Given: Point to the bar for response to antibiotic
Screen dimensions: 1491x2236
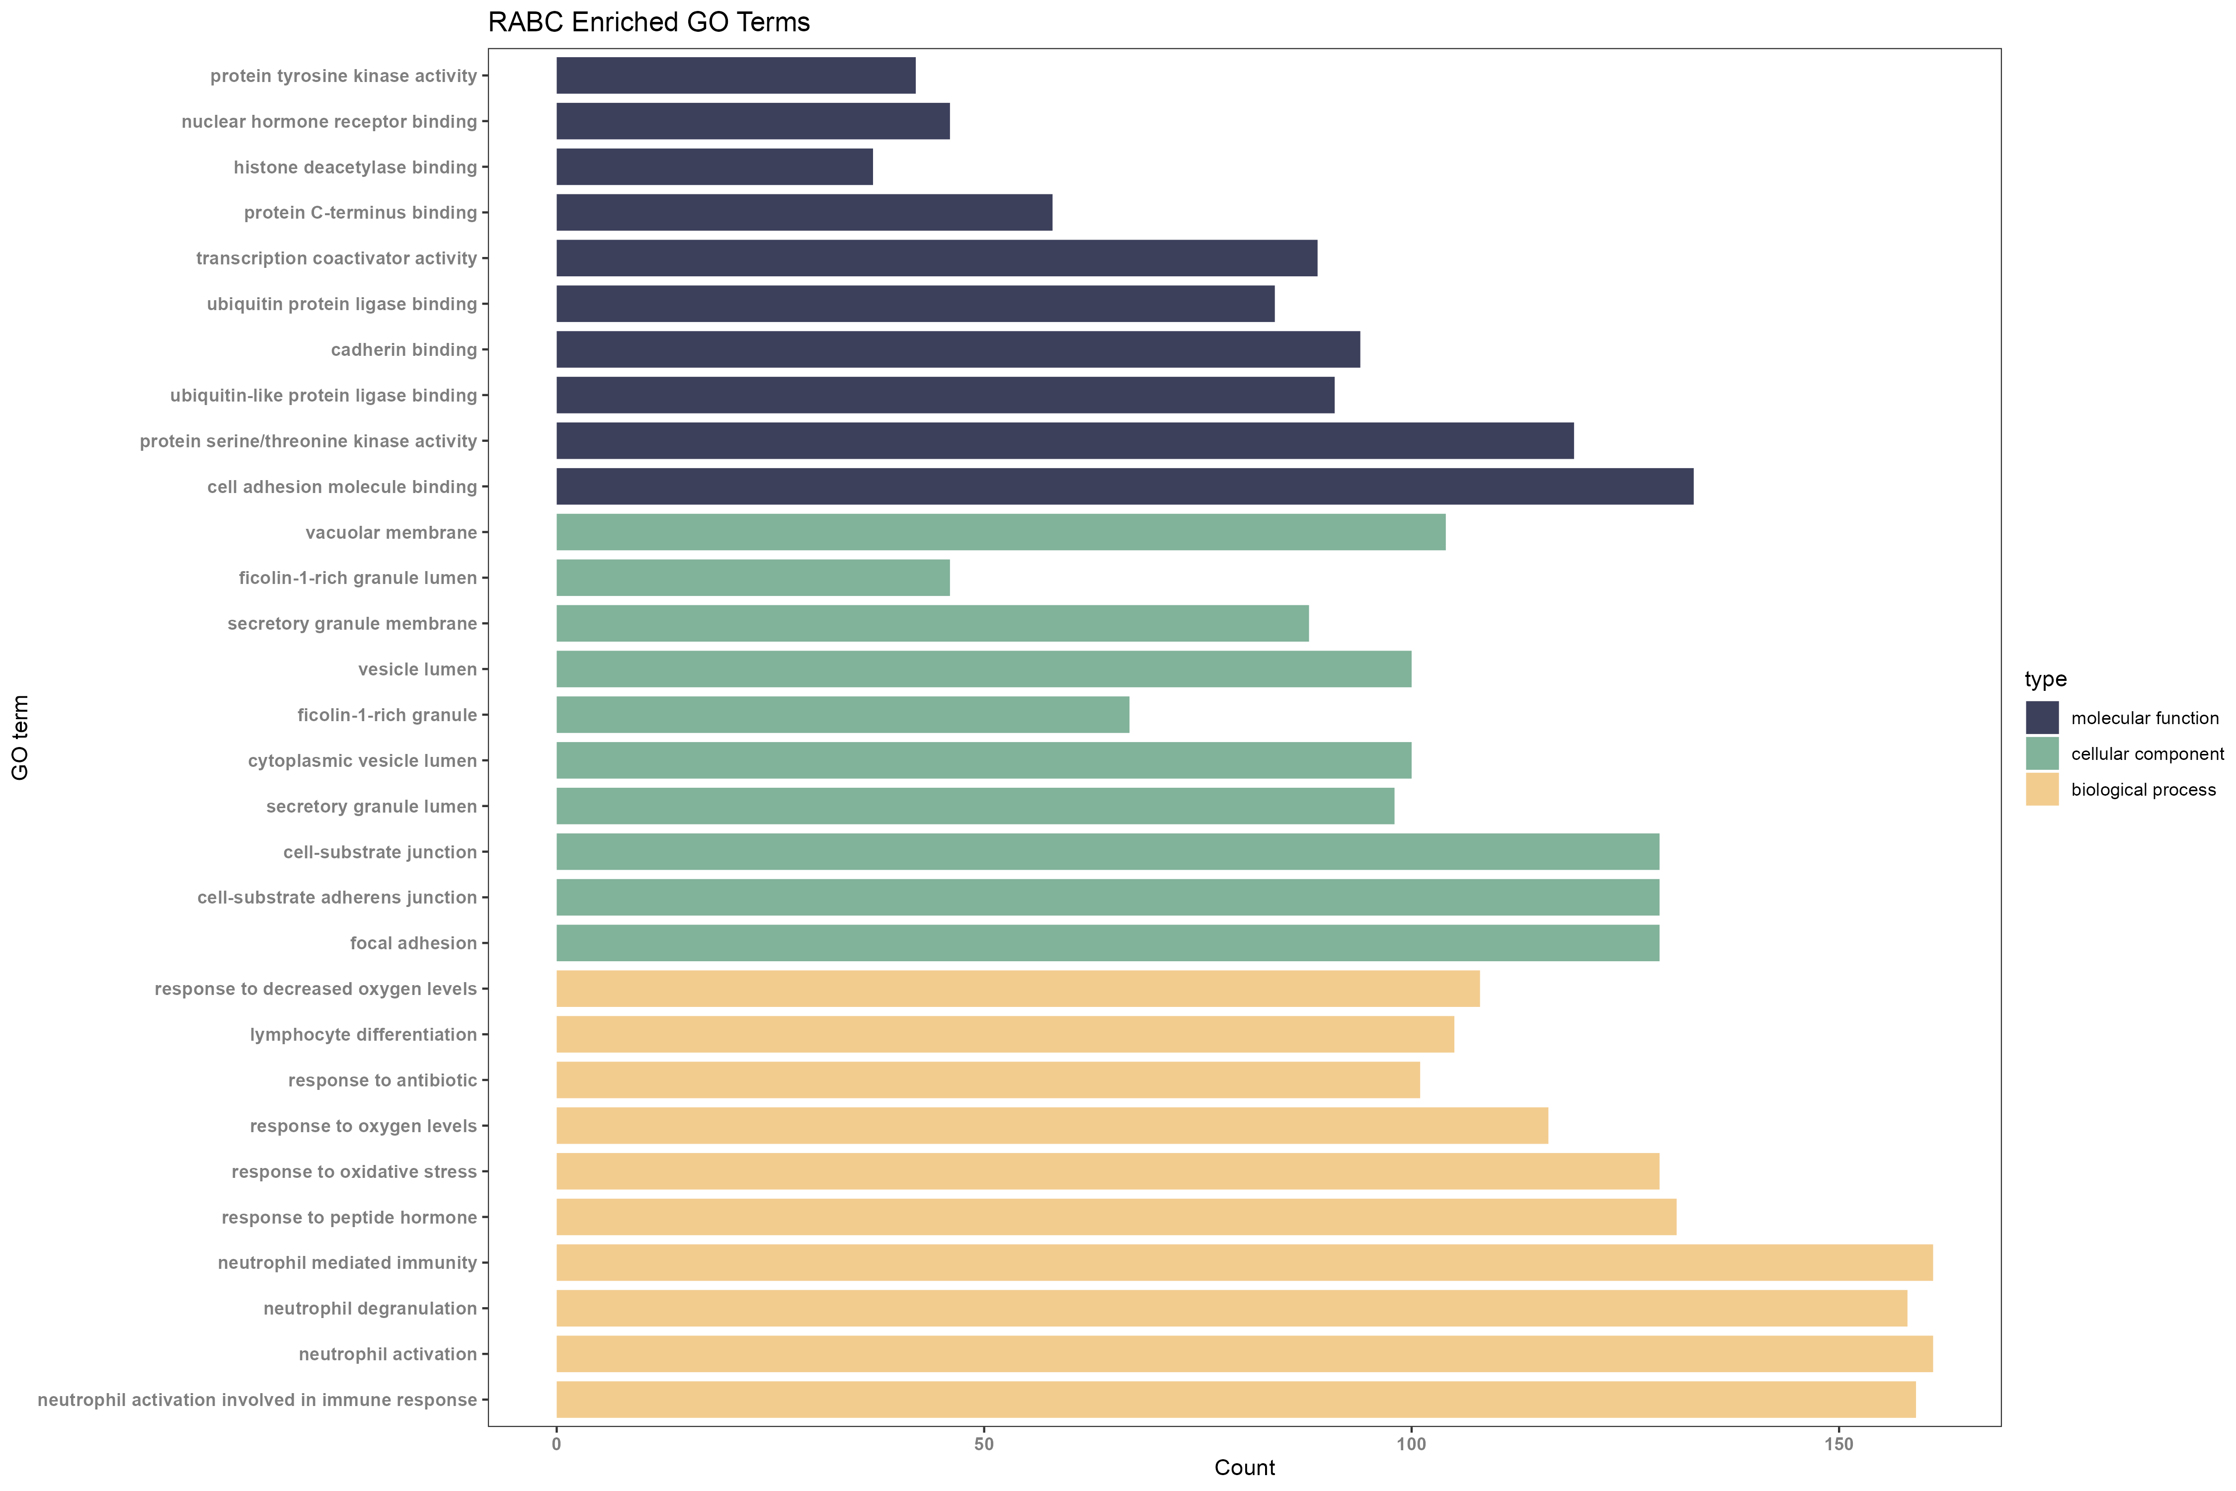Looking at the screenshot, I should [988, 1080].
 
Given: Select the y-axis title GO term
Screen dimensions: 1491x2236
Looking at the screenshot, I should [20, 737].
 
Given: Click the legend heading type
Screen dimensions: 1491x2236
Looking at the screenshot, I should [2045, 679].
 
